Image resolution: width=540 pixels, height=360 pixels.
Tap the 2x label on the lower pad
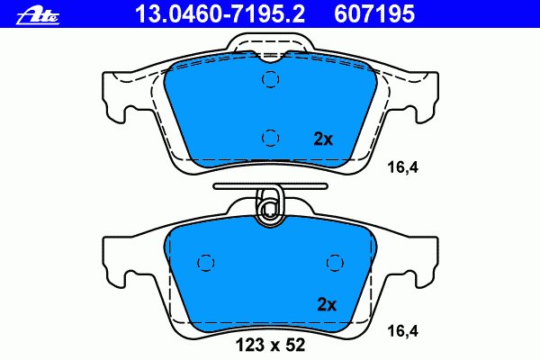325,304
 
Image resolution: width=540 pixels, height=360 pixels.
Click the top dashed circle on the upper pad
269,80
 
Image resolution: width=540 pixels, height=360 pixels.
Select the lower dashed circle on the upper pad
269,137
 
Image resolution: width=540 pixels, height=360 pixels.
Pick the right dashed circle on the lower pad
335,262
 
